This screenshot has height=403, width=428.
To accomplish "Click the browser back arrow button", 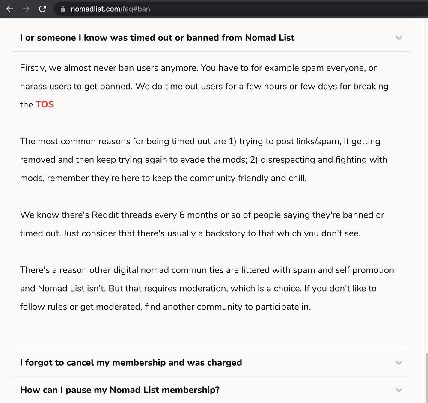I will [x=9, y=9].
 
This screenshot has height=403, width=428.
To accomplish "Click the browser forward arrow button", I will [x=26, y=9].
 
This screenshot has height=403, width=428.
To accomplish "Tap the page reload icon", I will [x=42, y=9].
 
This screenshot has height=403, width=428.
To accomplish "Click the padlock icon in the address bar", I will [x=63, y=9].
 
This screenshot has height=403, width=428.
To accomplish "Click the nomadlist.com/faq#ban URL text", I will [x=110, y=9].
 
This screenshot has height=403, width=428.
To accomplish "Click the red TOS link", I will [x=45, y=104].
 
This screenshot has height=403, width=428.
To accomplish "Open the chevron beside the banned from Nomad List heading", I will [x=399, y=38].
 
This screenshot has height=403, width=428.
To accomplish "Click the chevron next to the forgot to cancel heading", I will [x=399, y=363].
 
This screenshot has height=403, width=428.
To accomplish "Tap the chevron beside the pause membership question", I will [x=399, y=390].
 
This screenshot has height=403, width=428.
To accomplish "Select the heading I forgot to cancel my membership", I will [x=131, y=363].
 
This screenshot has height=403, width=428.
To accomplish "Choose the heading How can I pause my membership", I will [x=120, y=390].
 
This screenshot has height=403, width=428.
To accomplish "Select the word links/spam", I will [x=317, y=141].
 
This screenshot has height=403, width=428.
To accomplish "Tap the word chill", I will [x=297, y=178].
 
